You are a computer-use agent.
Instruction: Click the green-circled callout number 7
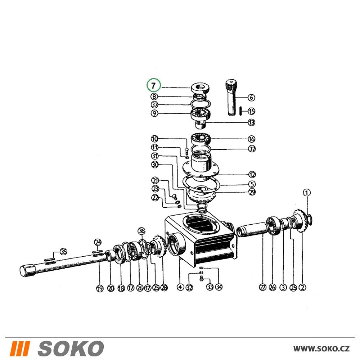coord(154,85)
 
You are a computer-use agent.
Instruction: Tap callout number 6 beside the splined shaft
coord(251,98)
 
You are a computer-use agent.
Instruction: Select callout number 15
coord(251,111)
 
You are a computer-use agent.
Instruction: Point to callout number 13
coord(251,122)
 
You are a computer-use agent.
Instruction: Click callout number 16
coord(251,139)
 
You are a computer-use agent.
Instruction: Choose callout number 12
coord(252,175)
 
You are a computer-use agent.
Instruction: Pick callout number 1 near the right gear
coord(307,193)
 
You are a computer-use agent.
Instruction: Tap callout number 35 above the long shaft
coord(63,252)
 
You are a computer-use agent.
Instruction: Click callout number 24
coord(98,242)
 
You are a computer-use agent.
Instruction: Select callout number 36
coord(141,231)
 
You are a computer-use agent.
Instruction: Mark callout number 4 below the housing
coord(180,287)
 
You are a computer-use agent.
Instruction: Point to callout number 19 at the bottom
coord(100,288)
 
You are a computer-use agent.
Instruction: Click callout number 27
coord(263,287)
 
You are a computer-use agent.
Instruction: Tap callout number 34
coord(219,287)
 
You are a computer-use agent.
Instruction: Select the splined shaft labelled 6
coord(231,98)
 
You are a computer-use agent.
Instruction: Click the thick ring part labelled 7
coord(200,88)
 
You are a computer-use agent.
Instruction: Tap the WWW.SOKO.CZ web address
coord(321,349)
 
